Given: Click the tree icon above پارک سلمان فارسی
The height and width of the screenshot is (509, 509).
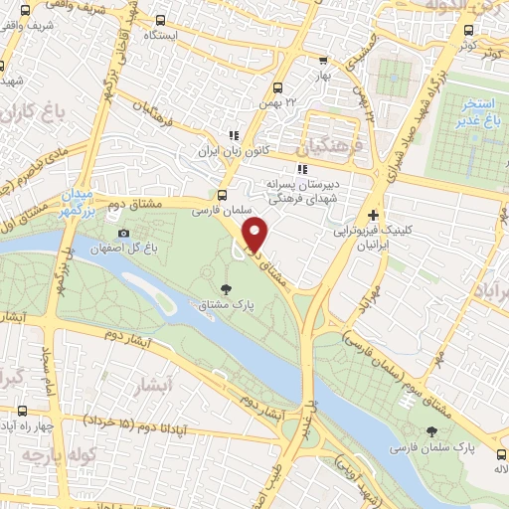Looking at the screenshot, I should [x=430, y=432].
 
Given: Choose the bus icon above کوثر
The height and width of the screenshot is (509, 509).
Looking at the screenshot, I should [x=470, y=29].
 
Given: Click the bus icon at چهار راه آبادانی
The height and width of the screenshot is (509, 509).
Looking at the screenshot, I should [x=23, y=411].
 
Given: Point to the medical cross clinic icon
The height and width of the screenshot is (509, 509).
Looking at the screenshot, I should [x=373, y=215].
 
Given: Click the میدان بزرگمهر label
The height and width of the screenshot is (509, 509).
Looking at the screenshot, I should [x=74, y=201].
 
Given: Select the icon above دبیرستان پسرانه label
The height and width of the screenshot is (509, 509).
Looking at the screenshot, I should [x=300, y=168].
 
